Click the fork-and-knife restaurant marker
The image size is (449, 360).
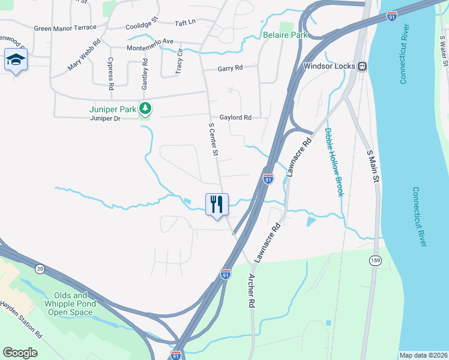pos(217,204)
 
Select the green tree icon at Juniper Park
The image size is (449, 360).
pos(145,109)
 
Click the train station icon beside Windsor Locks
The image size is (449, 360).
pos(362,66)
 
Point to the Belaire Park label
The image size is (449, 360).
pos(285,35)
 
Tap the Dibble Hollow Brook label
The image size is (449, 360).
pos(333,162)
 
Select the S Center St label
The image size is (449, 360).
pos(212,139)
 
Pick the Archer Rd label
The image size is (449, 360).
pos(252,292)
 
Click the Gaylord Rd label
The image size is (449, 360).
pos(235,118)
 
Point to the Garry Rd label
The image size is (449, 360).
pos(230,68)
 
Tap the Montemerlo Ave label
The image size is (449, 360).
pos(149,48)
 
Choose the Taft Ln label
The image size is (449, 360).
pos(185,22)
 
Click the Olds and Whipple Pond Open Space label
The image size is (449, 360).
pos(71,304)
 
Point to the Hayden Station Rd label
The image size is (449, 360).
pos(22,319)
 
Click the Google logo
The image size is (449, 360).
pos(20,353)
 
